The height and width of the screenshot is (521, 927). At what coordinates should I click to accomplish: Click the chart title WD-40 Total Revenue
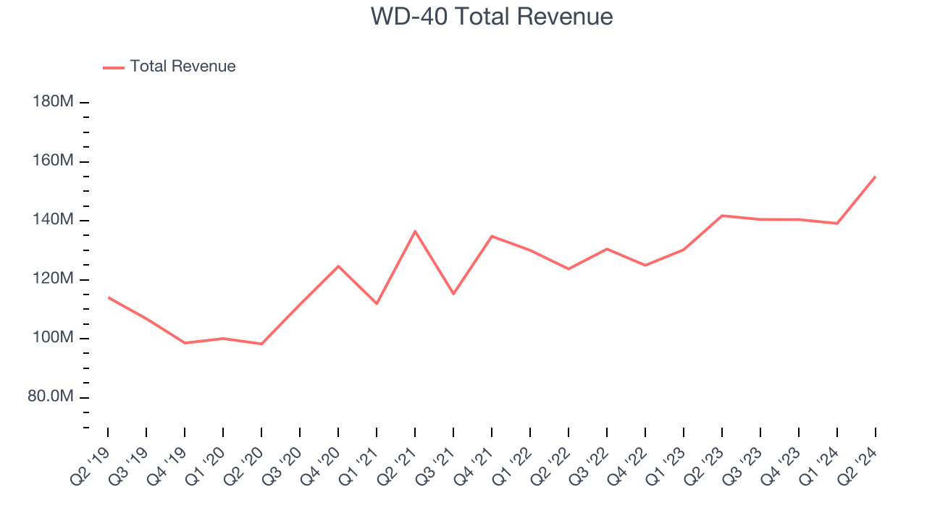point(492,17)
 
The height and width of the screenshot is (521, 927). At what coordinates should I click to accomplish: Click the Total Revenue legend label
point(183,67)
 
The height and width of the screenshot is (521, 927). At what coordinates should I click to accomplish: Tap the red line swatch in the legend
point(114,67)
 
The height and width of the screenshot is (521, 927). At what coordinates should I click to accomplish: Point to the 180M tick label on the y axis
point(53,102)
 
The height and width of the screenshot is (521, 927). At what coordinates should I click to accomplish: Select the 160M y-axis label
point(53,161)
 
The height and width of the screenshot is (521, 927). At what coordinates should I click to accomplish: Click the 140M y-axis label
point(53,220)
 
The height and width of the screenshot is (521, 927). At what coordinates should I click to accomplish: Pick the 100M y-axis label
point(53,338)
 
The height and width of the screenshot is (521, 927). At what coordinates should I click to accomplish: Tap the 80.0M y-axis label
point(51,397)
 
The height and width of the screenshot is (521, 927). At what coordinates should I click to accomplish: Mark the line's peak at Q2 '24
point(875,177)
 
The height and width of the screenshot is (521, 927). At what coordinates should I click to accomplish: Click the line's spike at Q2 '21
point(415,231)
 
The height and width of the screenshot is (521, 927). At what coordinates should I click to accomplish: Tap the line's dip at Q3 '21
point(453,294)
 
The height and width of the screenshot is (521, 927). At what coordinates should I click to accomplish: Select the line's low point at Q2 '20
point(261,344)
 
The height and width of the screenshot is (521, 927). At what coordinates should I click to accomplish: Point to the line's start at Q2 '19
point(108,297)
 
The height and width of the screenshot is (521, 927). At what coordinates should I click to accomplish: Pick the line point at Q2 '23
point(722,216)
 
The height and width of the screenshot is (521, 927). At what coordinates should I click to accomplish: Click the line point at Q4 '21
point(492,236)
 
